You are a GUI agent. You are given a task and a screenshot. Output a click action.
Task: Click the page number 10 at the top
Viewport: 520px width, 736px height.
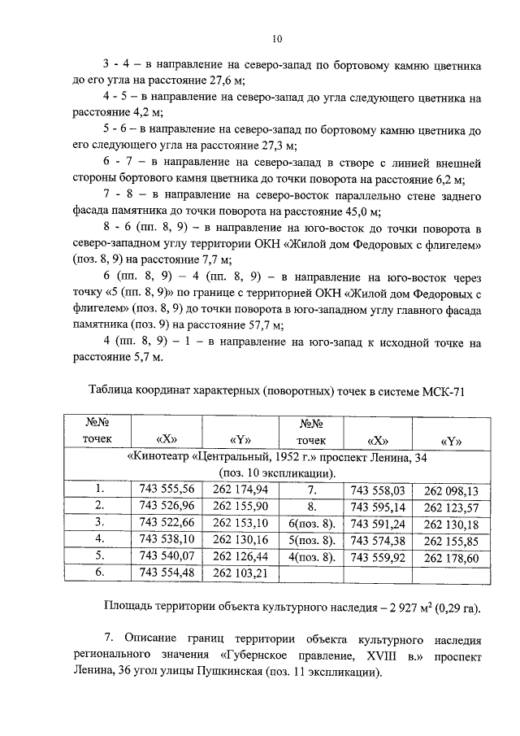[x=276, y=38]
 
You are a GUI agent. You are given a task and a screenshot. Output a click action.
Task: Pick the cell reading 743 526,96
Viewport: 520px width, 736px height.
[x=167, y=506]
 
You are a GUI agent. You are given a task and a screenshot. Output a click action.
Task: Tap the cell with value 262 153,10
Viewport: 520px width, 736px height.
[x=240, y=522]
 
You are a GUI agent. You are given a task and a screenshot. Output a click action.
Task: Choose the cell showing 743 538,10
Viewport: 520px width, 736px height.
[x=167, y=539]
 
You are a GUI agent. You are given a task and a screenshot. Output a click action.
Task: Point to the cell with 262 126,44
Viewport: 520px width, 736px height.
[x=240, y=556]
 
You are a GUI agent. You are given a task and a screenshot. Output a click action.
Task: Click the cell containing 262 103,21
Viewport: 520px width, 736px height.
[x=240, y=573]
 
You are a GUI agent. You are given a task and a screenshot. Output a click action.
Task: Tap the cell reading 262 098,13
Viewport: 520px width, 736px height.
[x=451, y=490]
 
